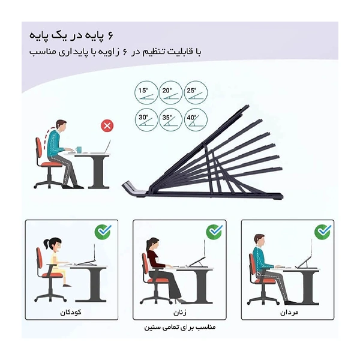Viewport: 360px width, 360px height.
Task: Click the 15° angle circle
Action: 146,93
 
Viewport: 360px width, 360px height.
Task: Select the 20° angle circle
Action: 170,93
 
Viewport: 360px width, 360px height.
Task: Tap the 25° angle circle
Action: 196,93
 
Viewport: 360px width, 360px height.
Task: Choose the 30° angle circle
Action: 146,120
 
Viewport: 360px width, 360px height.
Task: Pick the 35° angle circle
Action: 170,120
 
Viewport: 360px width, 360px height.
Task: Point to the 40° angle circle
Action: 196,120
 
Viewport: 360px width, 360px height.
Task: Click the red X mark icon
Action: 107,126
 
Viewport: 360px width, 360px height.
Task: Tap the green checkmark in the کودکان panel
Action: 103,232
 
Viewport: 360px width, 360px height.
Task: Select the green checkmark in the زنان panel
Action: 214,232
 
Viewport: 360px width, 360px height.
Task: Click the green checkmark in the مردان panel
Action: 323,232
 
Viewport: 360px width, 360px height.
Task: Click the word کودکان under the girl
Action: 71,312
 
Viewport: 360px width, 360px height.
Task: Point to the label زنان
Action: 180,313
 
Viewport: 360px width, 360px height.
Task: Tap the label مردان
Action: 289,312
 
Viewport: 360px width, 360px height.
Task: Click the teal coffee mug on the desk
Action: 79,149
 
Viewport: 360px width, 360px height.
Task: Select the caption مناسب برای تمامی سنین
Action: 180,327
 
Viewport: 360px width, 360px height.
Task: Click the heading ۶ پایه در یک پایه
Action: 71,36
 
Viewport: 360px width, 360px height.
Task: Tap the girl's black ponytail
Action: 47,244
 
